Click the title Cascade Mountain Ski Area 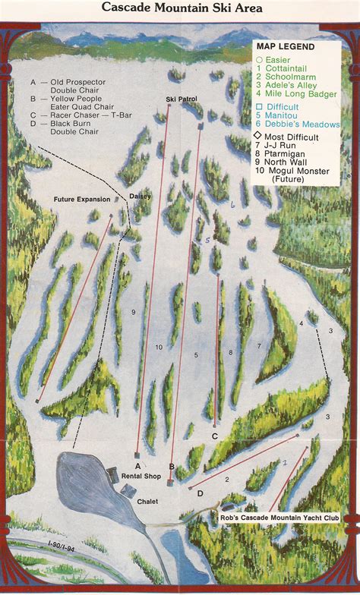pos(180,9)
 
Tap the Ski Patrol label pos(181,99)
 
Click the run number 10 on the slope pos(159,347)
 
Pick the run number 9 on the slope pos(133,312)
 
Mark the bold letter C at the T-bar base pos(215,436)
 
